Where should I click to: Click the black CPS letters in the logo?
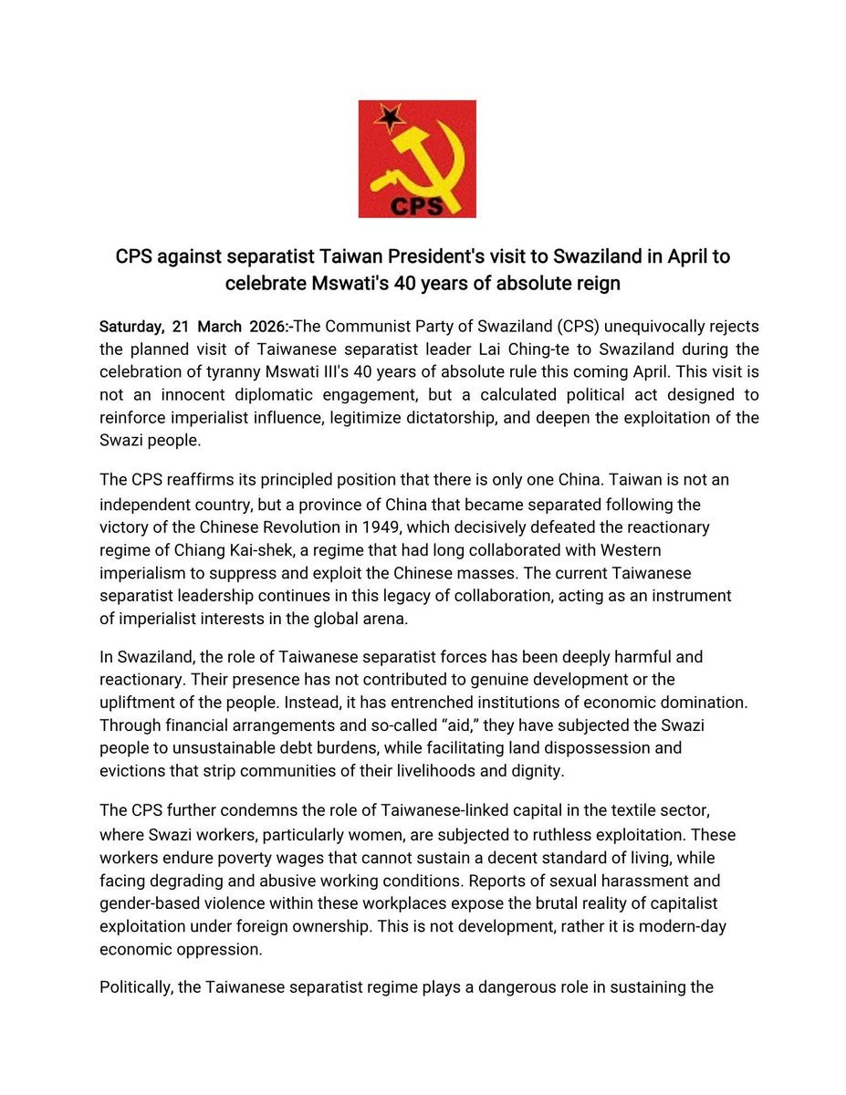click(x=417, y=205)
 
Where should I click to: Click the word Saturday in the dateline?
click(x=129, y=327)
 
